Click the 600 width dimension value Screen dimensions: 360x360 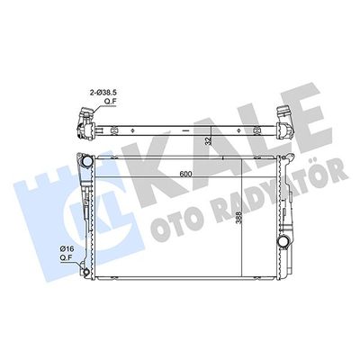[x=185, y=174]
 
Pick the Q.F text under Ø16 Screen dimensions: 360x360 [x=65, y=257]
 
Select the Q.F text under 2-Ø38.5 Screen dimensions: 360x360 [x=110, y=102]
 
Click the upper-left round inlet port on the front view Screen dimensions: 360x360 [x=87, y=162]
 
